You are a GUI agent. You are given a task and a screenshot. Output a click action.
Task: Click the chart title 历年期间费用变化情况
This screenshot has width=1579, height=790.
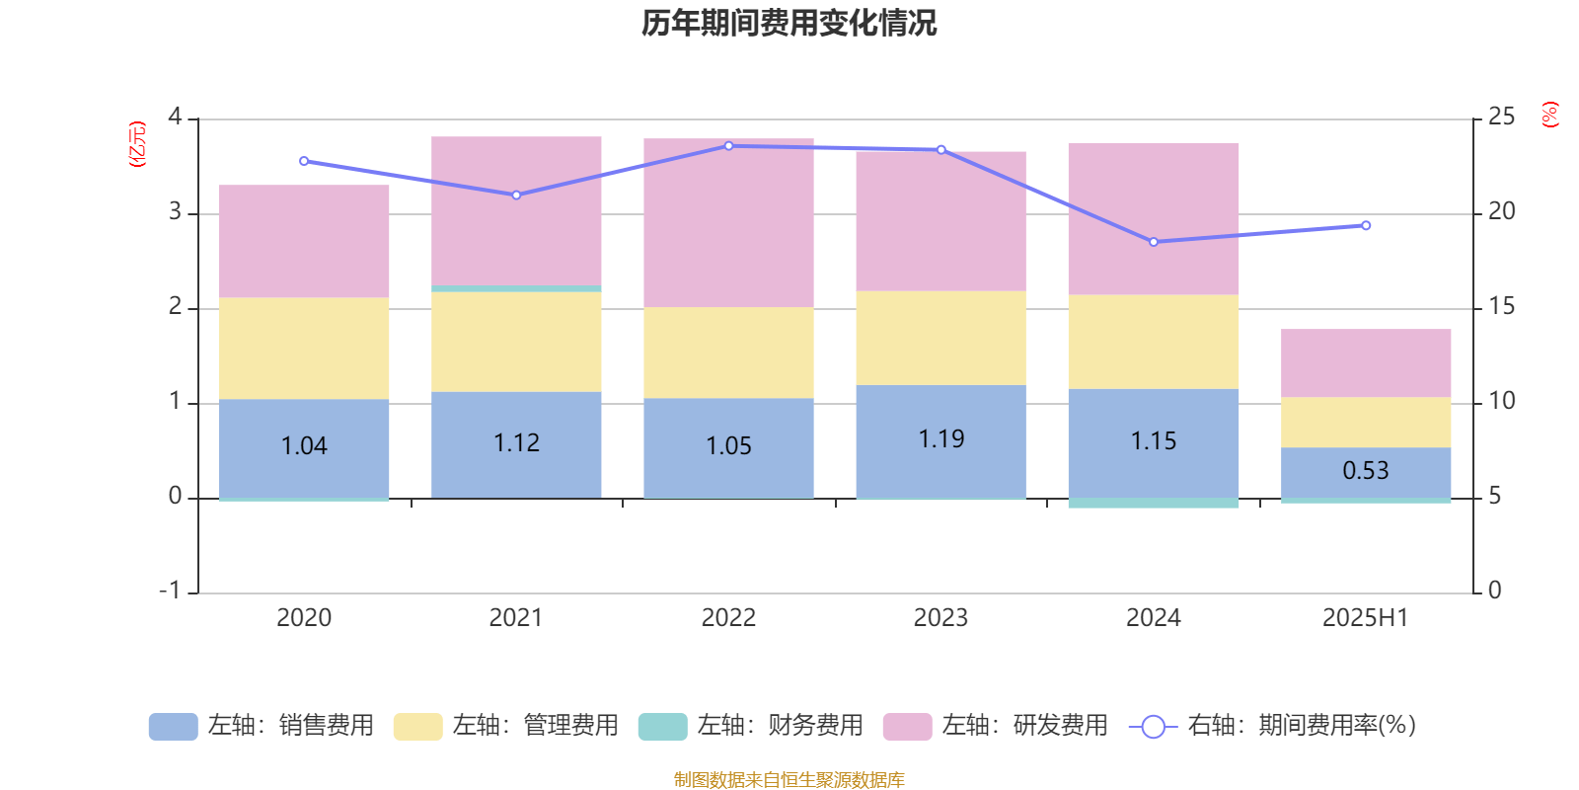pos(789,24)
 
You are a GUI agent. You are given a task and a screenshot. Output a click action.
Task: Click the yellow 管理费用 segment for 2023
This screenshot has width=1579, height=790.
pos(940,338)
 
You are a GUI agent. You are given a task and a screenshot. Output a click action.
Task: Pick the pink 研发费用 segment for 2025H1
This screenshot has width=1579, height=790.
pos(1366,362)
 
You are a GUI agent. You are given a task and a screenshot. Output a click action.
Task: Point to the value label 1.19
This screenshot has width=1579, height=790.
pos(940,438)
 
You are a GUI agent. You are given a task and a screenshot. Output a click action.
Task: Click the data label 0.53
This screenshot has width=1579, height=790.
pos(1366,470)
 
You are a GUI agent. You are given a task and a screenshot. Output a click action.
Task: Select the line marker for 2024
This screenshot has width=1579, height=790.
pos(1154,242)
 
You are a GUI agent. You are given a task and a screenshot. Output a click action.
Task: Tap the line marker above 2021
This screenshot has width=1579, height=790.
pos(516,195)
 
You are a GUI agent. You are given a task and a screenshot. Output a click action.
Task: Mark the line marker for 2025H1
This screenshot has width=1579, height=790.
pos(1366,225)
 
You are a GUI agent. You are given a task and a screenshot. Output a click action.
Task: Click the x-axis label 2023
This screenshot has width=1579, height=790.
pos(940,618)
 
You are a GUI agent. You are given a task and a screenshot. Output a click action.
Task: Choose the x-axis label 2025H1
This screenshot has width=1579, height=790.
pos(1366,618)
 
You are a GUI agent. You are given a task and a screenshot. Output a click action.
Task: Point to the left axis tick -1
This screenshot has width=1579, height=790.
pos(171,591)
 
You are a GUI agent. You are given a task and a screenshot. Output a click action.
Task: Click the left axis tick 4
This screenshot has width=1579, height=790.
pos(175,117)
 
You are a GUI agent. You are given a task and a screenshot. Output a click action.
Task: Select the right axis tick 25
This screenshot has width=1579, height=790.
pos(1501,117)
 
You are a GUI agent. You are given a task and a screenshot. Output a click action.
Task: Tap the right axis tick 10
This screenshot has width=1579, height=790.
pos(1501,401)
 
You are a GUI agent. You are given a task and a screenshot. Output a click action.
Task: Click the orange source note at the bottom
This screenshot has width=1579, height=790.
pos(789,780)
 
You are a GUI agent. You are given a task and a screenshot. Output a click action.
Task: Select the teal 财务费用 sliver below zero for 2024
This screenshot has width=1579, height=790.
pos(1154,504)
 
